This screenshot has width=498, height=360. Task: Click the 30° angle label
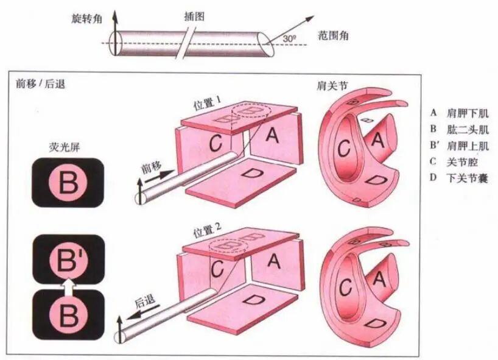tap(290, 39)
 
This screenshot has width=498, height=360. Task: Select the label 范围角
tap(334, 36)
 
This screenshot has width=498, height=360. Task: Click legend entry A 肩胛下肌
tap(461, 113)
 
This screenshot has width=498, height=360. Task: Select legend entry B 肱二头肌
tap(461, 130)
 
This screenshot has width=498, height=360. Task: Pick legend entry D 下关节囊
tap(461, 178)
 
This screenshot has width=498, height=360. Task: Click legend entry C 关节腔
tap(457, 162)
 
